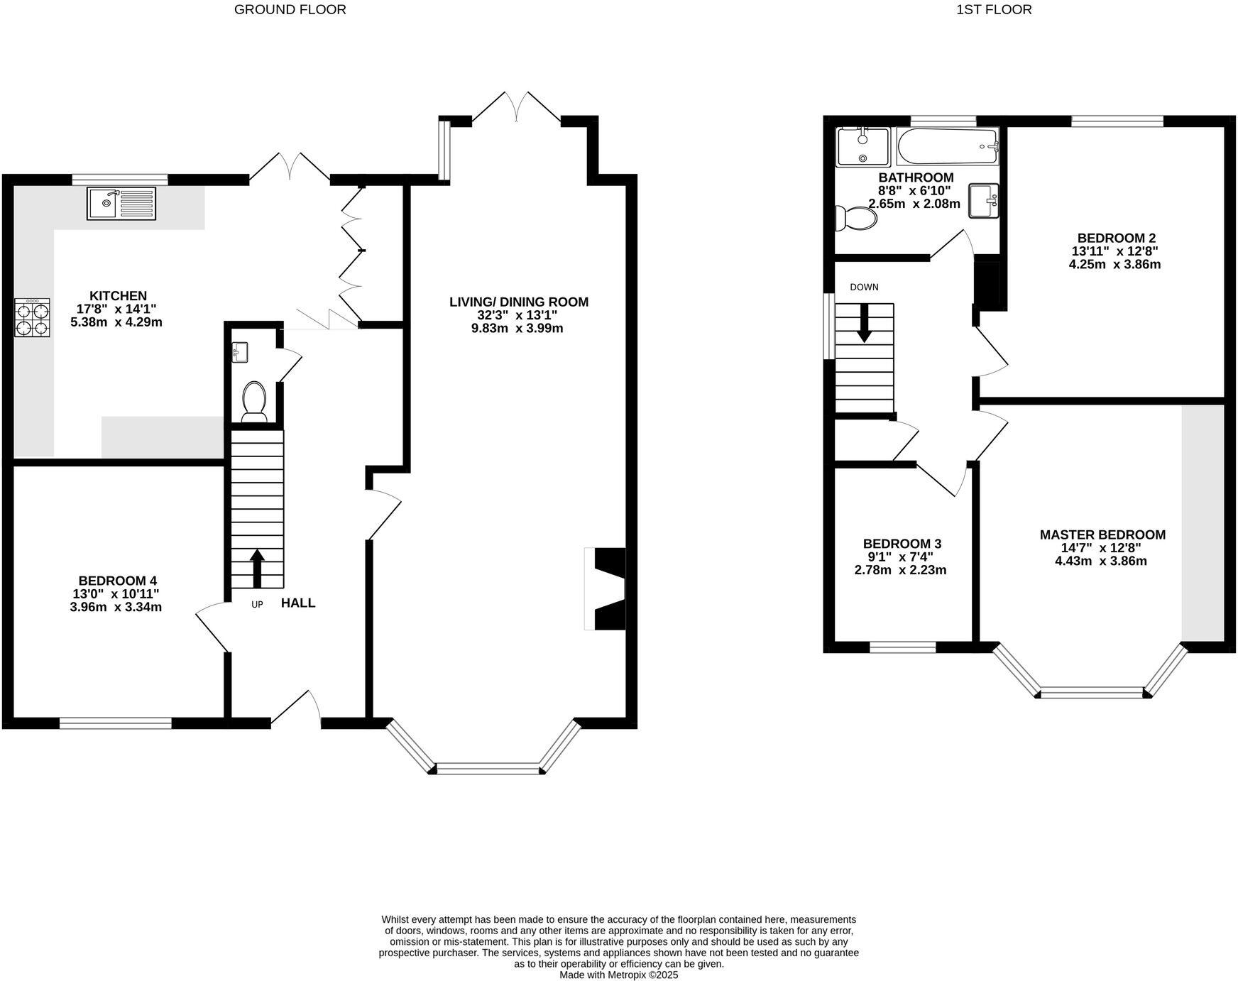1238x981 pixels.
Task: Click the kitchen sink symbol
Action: [x=121, y=204]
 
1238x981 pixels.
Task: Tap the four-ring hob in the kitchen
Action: [x=32, y=317]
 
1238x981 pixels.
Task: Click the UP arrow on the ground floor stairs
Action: [x=257, y=568]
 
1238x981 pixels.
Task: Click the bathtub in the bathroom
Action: [x=947, y=146]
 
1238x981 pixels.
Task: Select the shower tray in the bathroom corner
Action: [x=862, y=146]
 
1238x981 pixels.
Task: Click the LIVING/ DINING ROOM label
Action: [x=518, y=302]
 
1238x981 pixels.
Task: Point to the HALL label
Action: [x=298, y=603]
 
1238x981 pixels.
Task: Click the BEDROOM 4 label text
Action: [x=117, y=581]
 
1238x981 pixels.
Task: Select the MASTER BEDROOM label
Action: [x=1102, y=535]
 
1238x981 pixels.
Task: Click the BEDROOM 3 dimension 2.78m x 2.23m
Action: [x=900, y=570]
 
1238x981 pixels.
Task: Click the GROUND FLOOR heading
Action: [x=290, y=9]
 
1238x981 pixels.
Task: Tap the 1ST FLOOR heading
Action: [x=993, y=9]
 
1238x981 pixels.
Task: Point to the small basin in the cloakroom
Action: [x=240, y=351]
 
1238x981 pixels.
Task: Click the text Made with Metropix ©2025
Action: [x=618, y=975]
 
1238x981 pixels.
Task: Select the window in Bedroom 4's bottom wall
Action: [x=116, y=723]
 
